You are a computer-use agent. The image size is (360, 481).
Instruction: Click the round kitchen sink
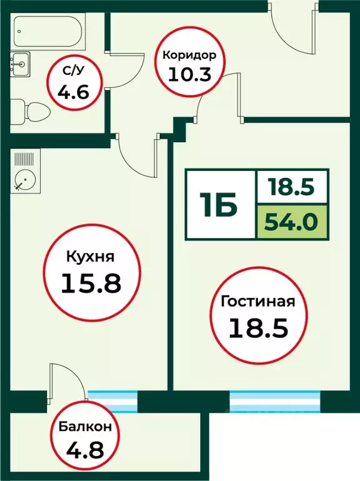pos(24,178)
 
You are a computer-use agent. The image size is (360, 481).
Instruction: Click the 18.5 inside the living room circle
pos(257,328)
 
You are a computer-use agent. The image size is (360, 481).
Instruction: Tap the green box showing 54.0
pos(292,222)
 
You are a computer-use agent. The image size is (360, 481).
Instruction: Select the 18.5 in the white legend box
pos(292,187)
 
